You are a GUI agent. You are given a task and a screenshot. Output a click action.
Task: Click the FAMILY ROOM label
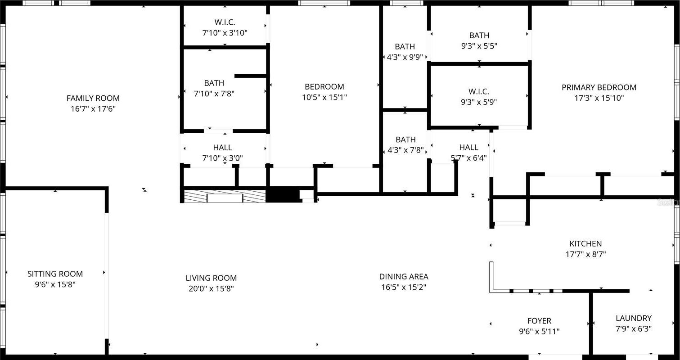coord(93,98)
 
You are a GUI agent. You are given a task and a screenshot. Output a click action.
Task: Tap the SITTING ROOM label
coord(55,274)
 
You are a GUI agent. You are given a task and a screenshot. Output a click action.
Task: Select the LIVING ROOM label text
coord(211,278)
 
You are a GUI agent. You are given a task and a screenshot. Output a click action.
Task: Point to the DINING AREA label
coord(404,277)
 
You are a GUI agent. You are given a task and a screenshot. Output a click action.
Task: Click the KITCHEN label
coord(585,243)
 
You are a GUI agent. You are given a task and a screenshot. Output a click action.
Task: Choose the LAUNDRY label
coord(634,318)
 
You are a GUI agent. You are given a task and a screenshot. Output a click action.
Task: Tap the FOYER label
coord(539,321)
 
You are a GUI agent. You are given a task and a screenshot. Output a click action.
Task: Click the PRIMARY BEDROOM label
coord(599,87)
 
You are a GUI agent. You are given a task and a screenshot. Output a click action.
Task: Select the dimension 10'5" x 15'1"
coord(324,97)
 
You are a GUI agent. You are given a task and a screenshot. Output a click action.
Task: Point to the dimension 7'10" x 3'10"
coord(225,33)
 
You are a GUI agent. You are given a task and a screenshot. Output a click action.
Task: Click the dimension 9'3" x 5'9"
coord(479,102)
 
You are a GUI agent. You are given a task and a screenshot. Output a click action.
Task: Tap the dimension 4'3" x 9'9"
coord(405,57)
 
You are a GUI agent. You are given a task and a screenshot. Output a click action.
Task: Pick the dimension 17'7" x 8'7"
coord(585,254)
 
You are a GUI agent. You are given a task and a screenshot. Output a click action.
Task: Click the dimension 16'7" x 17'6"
coord(93,108)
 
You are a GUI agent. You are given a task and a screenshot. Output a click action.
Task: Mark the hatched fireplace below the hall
coord(225,196)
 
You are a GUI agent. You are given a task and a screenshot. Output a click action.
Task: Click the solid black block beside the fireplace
coord(283,194)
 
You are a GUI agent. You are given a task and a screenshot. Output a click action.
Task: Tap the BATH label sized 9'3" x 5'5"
coord(479,35)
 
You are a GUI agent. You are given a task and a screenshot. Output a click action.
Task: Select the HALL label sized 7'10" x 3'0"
coord(222,148)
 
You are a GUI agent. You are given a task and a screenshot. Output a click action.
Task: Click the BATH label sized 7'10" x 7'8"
coord(214,83)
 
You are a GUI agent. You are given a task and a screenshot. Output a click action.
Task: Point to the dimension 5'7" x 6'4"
coord(469,158)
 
